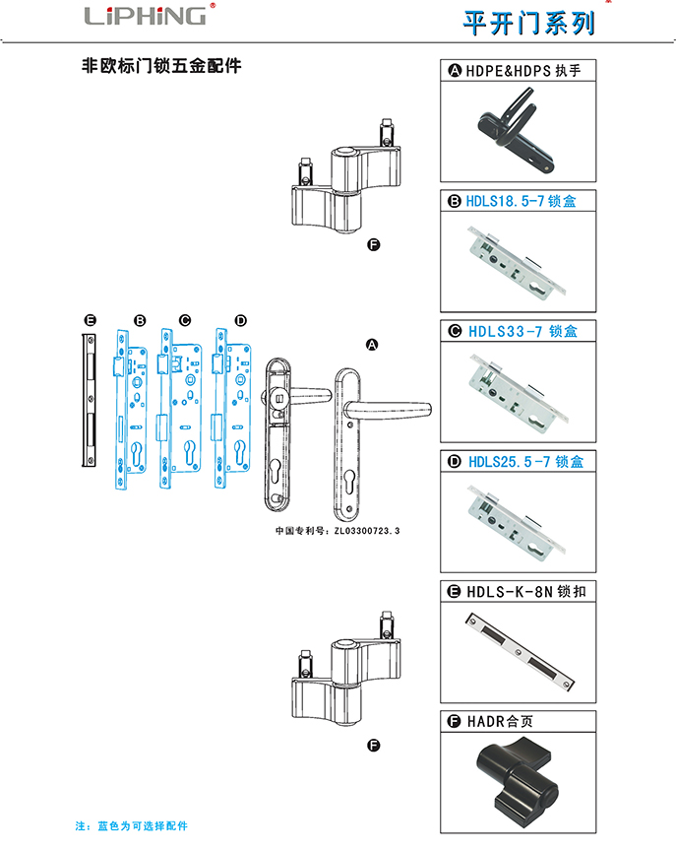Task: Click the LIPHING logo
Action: coord(146,16)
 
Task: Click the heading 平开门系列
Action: coord(528,22)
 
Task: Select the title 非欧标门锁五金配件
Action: coord(160,67)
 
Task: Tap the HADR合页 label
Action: coord(503,721)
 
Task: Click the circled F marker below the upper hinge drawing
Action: coord(373,246)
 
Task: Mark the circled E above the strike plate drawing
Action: coord(90,320)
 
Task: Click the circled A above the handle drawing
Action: coord(372,344)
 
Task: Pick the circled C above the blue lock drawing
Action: coord(184,320)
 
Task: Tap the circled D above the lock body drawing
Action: coord(241,320)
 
